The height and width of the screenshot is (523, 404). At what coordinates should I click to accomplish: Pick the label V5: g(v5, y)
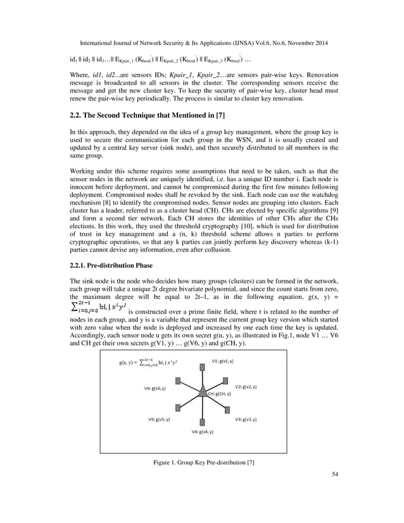(158, 419)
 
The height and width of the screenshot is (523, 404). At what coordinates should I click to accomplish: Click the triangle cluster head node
(202, 393)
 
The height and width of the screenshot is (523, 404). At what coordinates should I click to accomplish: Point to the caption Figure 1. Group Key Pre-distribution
(204, 463)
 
